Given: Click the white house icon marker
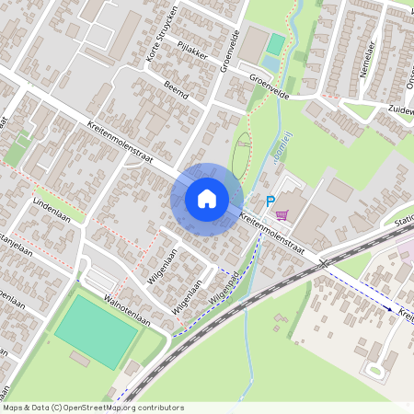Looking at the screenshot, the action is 207,199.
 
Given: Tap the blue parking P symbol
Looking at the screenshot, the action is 270,202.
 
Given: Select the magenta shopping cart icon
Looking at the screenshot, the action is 282,215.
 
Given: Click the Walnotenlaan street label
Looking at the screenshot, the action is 126,305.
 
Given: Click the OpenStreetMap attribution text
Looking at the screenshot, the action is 93,408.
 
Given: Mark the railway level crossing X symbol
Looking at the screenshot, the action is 325,263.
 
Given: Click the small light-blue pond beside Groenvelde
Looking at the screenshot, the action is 269,63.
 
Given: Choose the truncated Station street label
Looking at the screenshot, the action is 403,222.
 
